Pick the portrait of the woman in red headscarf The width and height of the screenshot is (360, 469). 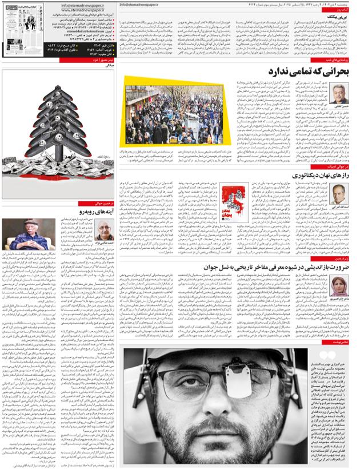pos(341,285)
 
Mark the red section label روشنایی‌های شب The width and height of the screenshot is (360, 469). pos(338,59)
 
